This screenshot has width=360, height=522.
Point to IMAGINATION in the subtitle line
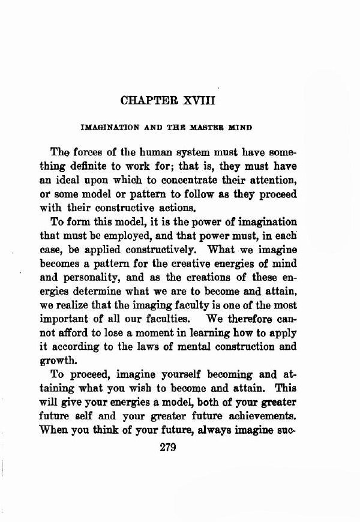point(106,128)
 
